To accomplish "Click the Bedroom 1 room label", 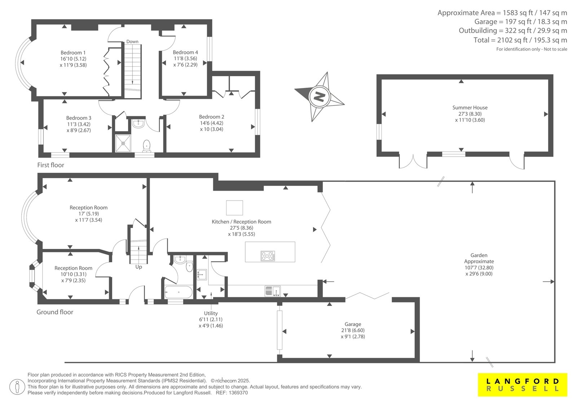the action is click(73, 53).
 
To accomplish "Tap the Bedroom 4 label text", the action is click(185, 52).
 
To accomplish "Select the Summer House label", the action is click(470, 108).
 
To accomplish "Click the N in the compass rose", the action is click(320, 97).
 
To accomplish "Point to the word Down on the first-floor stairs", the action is click(132, 41).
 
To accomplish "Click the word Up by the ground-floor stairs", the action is click(138, 267).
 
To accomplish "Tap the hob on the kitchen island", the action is click(268, 256).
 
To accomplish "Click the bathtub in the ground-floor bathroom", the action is click(178, 292).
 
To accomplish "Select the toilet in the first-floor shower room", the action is click(146, 146).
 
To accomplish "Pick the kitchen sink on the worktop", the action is click(273, 291).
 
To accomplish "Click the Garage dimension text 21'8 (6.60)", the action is click(353, 330).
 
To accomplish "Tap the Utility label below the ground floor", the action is click(211, 313).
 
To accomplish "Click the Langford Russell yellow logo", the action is click(523, 385).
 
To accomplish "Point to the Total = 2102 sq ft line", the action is click(520, 40).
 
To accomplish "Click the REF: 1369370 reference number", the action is click(232, 393).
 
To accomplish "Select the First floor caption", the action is click(50, 165).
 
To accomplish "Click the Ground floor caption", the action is click(55, 312).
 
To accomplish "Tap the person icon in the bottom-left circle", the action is click(17, 387).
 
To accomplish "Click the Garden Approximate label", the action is click(479, 258).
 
